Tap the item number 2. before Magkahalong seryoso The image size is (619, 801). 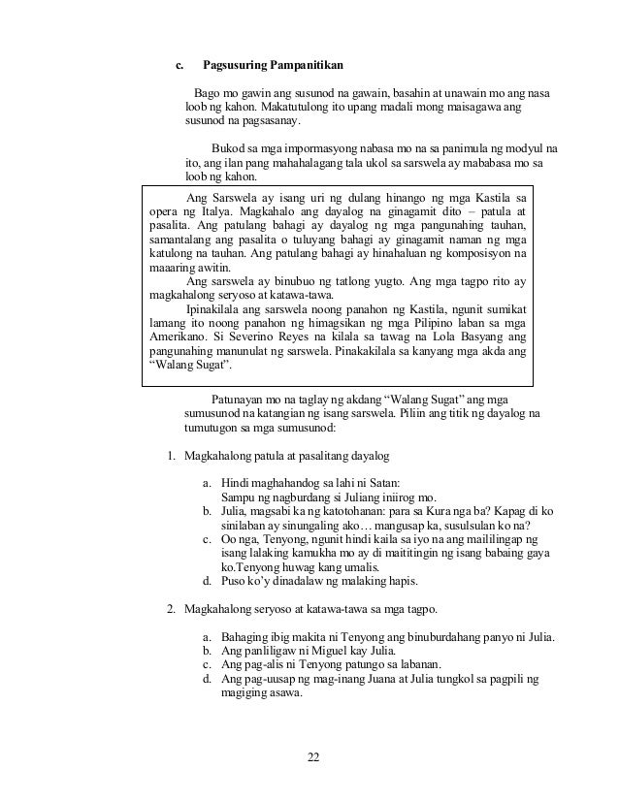171,609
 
